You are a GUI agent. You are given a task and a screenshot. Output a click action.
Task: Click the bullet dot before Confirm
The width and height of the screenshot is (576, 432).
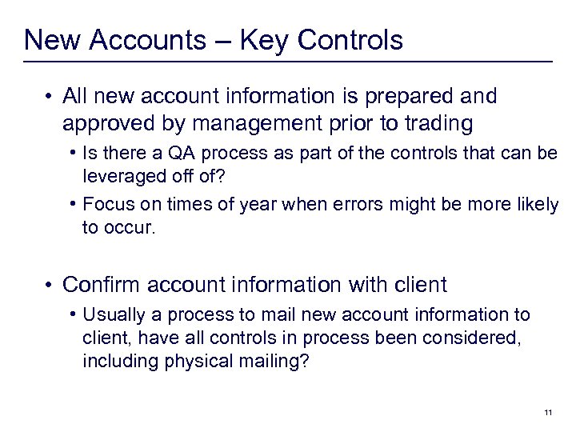coord(50,284)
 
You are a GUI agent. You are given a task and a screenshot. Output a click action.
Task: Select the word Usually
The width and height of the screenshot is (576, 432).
coord(113,314)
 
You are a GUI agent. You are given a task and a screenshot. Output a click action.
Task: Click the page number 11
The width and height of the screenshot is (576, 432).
coord(548,412)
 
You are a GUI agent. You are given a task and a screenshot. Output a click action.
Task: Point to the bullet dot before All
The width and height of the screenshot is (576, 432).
coord(50,97)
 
